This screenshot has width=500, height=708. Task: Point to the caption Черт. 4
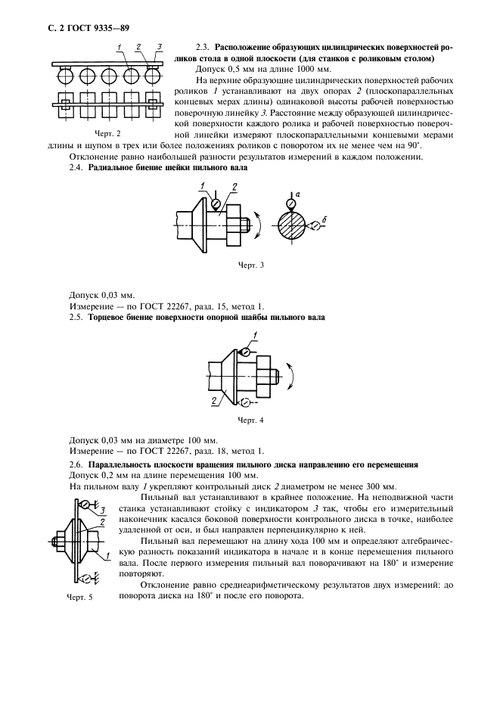(x=250, y=419)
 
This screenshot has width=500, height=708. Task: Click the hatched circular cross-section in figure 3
(x=292, y=226)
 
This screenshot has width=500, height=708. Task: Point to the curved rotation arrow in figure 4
(x=292, y=375)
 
